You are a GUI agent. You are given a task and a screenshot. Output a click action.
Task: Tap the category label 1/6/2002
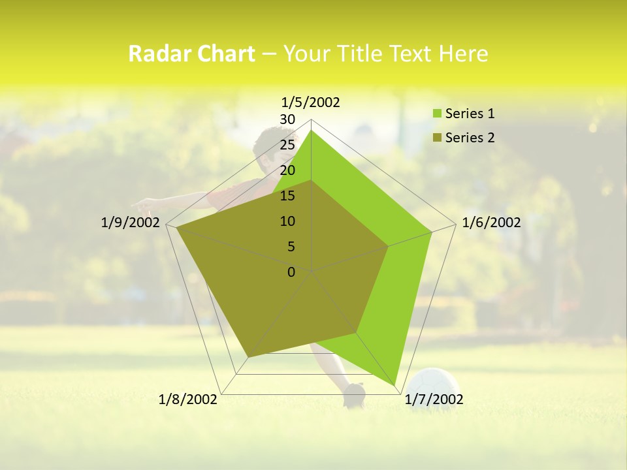491,223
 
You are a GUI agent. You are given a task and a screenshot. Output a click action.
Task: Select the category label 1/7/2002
434,399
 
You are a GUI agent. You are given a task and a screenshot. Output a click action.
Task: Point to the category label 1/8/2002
188,399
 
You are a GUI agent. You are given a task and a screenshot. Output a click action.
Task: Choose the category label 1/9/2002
131,223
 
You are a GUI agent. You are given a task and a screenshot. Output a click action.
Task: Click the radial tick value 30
287,119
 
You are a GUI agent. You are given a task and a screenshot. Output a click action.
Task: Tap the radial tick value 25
287,145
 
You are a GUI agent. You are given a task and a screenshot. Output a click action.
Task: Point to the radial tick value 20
287,170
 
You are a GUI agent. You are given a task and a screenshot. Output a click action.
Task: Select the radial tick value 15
287,196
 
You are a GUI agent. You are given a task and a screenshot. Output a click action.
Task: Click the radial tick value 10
287,221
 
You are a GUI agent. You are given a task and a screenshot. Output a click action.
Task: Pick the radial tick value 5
291,247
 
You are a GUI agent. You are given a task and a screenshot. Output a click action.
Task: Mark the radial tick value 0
291,272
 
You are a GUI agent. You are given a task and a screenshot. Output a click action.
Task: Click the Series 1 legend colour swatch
437,114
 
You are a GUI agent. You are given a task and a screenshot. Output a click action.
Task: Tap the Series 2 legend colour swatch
437,138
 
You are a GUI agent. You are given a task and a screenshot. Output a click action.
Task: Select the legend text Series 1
470,114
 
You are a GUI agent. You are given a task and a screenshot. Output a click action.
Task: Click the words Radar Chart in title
191,54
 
